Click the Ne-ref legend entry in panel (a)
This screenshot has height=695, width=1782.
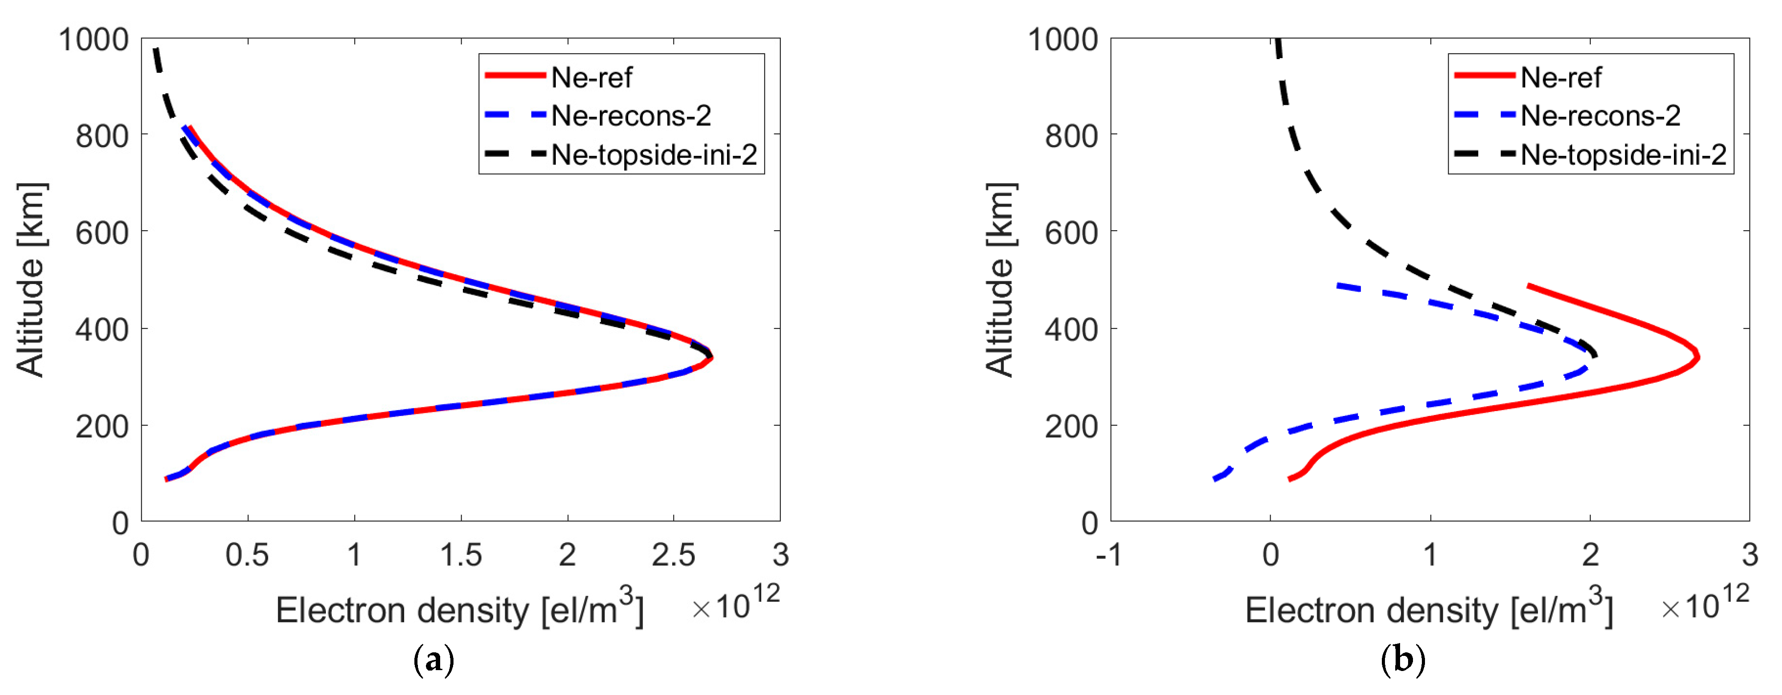pos(591,77)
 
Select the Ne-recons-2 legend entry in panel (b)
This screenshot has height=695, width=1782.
pos(1600,116)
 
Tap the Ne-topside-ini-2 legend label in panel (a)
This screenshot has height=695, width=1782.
pos(654,155)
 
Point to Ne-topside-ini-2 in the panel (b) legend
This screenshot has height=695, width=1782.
pos(1623,155)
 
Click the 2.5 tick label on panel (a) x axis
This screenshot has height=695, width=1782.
pos(673,555)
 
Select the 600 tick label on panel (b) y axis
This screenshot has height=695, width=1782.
pos(1071,233)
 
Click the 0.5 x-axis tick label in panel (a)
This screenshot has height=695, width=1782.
pos(247,555)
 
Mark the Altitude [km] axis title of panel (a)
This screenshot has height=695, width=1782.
pos(30,280)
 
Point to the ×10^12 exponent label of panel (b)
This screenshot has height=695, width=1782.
pos(1705,603)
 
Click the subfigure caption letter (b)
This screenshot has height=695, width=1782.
pos(1402,660)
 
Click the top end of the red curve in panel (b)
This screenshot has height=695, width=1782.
pos(1529,286)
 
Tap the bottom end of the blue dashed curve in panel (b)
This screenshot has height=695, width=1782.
pos(1215,479)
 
